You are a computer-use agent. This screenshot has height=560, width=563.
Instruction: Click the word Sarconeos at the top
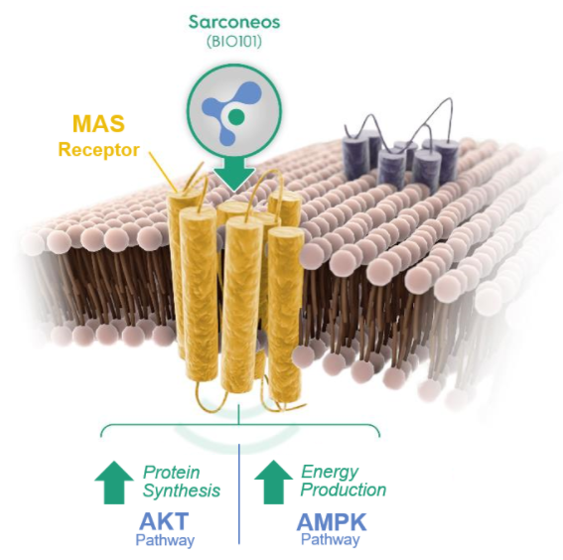coord(234,22)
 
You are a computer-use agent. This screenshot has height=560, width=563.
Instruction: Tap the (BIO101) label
coord(234,42)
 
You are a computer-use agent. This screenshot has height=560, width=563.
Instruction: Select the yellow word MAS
coord(98,123)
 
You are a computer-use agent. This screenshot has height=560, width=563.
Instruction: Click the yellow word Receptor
coord(98,150)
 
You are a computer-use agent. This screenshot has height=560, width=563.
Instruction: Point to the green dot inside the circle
coord(236,115)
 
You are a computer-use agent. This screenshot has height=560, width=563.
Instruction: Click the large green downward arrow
coord(234,173)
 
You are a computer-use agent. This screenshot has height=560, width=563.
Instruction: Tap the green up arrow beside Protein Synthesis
coord(114,483)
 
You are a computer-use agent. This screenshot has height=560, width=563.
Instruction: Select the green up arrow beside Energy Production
coord(274,483)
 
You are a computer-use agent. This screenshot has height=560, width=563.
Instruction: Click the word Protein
coord(171,472)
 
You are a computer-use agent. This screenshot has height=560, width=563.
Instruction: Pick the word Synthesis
coord(182,490)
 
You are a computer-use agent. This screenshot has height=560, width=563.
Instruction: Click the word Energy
coord(330,472)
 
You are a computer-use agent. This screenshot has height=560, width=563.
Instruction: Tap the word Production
coord(344,490)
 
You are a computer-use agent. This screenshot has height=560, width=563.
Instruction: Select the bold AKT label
coord(164,521)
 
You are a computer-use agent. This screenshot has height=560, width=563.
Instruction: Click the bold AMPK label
coord(332,522)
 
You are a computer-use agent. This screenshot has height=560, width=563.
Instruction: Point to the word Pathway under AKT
coord(165,540)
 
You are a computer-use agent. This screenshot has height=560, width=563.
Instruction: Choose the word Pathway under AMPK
coord(331,540)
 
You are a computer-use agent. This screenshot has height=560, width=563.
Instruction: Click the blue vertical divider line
coord(239,493)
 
